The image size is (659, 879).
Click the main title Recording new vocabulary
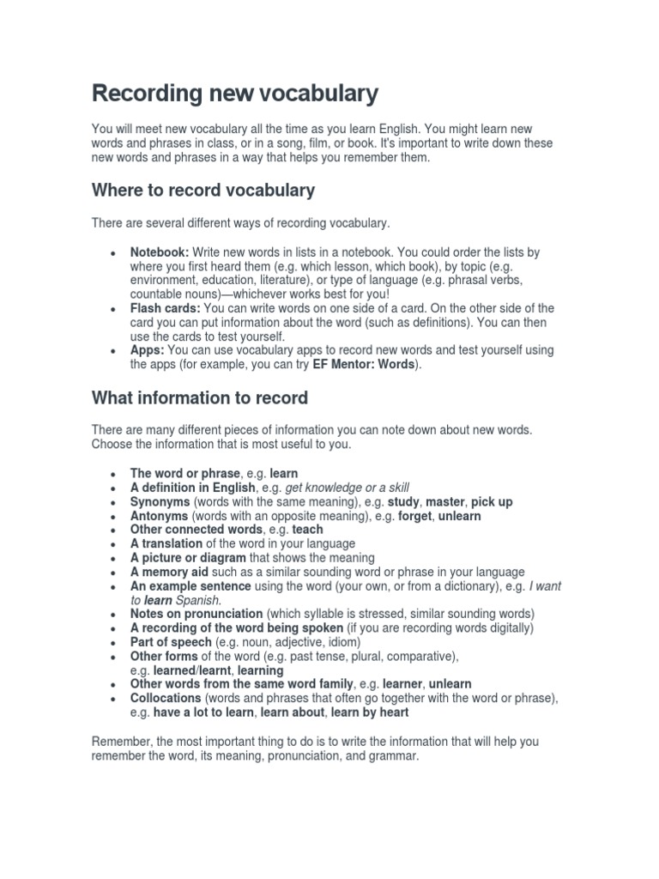[234, 94]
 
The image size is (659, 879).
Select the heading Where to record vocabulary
[203, 190]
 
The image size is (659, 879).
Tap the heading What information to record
[199, 398]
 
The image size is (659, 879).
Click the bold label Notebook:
[160, 252]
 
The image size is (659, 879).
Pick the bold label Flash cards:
[165, 308]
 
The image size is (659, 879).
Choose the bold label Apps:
[148, 350]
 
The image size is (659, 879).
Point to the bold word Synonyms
[160, 501]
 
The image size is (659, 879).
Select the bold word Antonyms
[160, 516]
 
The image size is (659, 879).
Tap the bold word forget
[415, 516]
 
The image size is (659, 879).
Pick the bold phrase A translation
[166, 543]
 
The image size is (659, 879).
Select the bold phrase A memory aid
[168, 572]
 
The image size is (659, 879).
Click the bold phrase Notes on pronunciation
[196, 614]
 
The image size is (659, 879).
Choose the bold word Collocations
[166, 698]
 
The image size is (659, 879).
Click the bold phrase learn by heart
[369, 712]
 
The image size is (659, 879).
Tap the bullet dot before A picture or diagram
[113, 558]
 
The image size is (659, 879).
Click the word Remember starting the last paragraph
[120, 740]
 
